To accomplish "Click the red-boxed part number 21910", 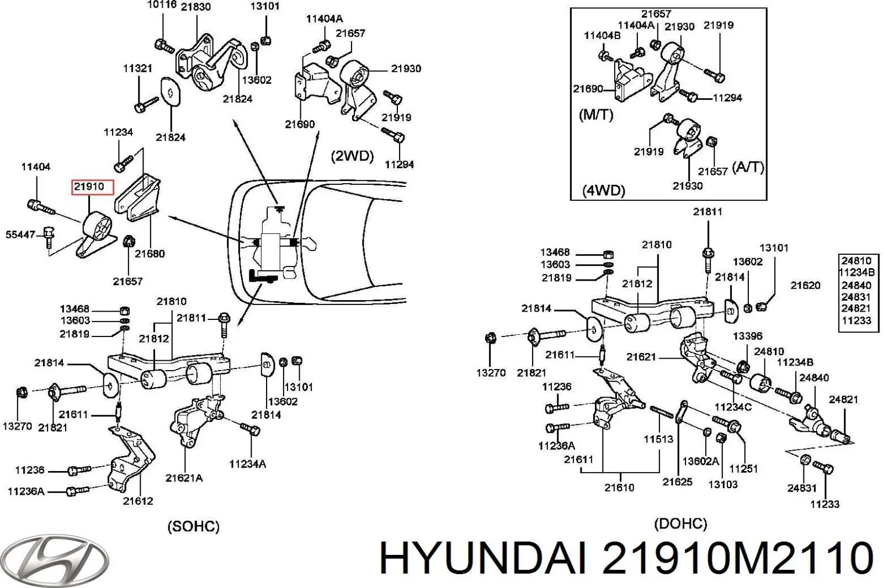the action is click(89, 186).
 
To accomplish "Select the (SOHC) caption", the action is click(193, 527).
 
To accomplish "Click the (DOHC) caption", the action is click(680, 523).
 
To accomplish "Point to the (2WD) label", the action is click(352, 157).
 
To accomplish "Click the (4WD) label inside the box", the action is click(604, 191).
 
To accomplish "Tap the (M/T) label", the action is click(595, 115).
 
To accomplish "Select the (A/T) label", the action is click(748, 168).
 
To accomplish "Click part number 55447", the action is click(20, 235).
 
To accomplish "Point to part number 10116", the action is click(162, 5).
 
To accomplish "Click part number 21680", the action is click(150, 253).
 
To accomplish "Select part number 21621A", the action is click(184, 478).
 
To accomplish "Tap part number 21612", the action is click(138, 501).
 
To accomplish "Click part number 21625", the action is click(677, 482).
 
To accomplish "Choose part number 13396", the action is click(748, 336).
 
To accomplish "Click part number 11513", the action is click(659, 439).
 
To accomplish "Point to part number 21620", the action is click(805, 285).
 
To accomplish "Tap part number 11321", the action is click(137, 68).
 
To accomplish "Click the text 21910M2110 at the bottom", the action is click(737, 558).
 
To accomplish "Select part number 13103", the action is click(723, 484).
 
